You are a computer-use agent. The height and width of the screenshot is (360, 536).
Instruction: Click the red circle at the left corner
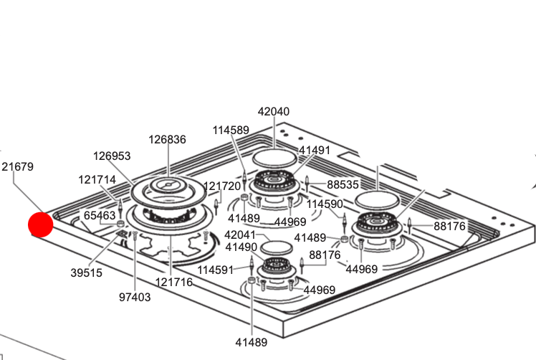pos(41,224)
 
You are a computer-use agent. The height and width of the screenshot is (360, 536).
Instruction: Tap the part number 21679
pos(17,166)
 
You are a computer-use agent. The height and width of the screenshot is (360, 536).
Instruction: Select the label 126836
pos(167,140)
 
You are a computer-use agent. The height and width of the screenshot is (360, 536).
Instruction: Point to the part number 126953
pos(112,156)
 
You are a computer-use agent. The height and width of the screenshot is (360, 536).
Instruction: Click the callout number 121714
pos(97,179)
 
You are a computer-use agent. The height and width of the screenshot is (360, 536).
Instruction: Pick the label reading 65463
pos(100,215)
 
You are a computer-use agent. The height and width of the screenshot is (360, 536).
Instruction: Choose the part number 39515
pos(86,273)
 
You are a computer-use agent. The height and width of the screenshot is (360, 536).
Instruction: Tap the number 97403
pos(135,297)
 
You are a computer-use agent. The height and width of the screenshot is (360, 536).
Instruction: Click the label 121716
pos(173,283)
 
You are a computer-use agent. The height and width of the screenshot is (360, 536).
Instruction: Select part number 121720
pos(222,186)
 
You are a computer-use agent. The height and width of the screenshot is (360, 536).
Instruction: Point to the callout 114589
pos(231,130)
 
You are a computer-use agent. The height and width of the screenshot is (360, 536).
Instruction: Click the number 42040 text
pos(274,111)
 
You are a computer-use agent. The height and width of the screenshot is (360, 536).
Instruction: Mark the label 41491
pos(315,150)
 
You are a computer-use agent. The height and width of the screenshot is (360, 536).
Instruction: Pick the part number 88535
pos(343,184)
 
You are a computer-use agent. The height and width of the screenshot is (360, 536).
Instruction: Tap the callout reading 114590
pos(325,204)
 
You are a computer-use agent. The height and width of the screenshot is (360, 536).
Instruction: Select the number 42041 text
pos(240,235)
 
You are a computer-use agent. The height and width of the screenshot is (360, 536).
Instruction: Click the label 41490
pos(241,247)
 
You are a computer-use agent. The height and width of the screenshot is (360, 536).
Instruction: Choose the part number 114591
pos(216,270)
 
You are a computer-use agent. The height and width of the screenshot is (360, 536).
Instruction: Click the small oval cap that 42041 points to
pos(277,247)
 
